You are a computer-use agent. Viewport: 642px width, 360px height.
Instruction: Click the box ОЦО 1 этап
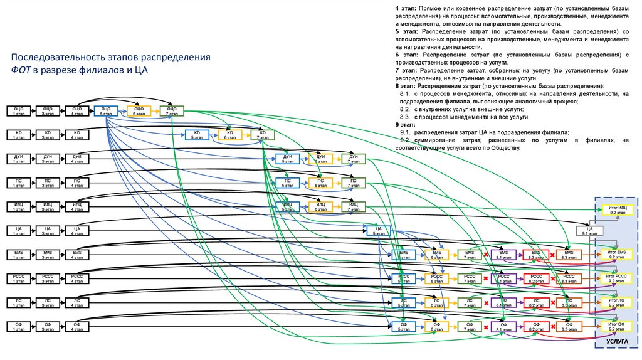(18, 111)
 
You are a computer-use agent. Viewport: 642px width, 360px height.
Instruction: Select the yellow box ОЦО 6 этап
(139, 111)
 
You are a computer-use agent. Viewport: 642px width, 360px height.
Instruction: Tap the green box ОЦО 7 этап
(172, 111)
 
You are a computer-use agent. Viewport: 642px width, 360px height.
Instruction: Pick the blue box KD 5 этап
(196, 135)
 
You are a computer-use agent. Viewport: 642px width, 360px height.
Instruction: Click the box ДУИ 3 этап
(48, 158)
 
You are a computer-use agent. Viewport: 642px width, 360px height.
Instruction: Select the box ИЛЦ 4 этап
(77, 206)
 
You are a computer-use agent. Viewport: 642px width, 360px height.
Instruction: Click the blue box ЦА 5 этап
(379, 230)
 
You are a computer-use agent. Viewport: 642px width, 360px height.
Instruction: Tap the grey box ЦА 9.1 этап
(589, 231)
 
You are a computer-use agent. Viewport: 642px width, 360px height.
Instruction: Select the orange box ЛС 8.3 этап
(569, 302)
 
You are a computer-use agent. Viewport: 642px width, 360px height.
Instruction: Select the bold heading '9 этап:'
(406, 125)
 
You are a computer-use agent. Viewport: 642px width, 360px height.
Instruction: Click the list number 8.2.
(404, 109)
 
